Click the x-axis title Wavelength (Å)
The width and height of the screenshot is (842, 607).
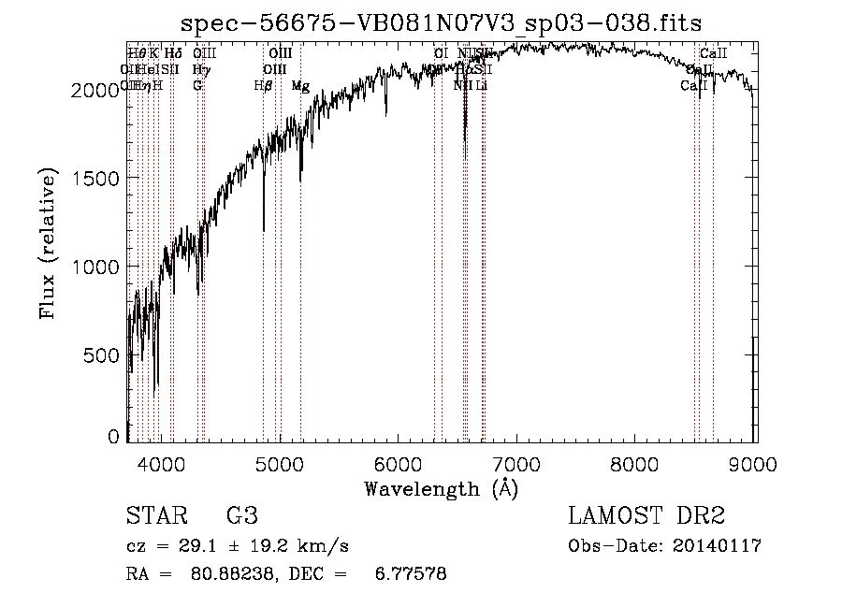point(441,488)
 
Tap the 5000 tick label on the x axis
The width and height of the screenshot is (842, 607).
point(281,463)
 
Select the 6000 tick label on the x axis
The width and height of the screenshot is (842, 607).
point(399,463)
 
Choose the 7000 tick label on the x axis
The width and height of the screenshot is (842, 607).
point(517,463)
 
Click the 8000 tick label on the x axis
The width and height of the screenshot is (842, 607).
point(636,463)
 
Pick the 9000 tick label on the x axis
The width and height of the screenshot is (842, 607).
point(754,463)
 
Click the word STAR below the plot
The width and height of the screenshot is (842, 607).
point(156,516)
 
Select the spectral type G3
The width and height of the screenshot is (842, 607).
point(241,516)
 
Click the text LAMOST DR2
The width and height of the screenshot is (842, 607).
point(646,516)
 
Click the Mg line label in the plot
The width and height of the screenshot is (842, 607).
point(300,86)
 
